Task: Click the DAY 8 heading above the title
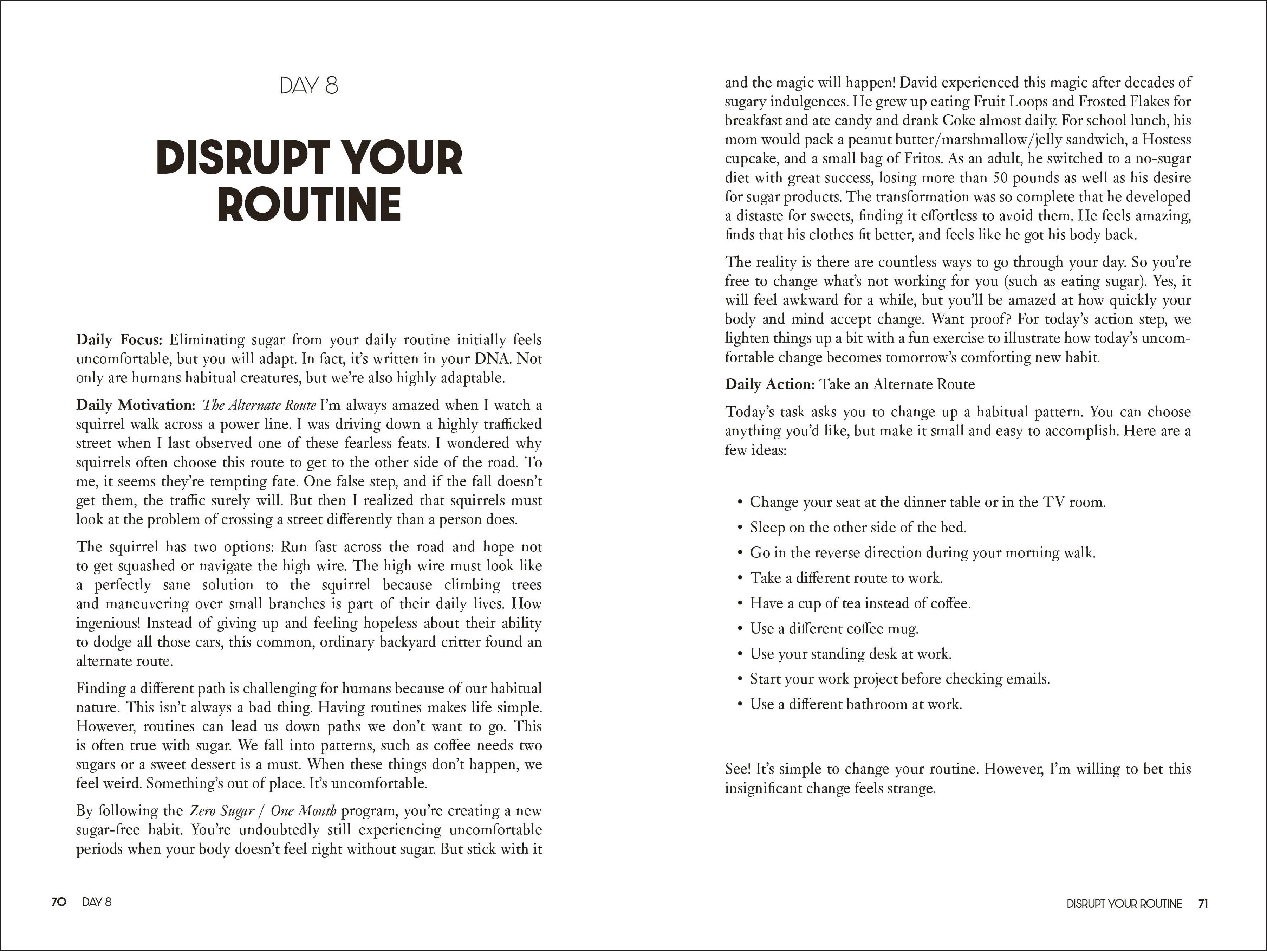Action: [309, 86]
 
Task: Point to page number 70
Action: [58, 902]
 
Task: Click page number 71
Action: [1203, 904]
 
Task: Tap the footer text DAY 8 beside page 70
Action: [97, 902]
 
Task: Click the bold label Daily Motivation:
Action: [136, 405]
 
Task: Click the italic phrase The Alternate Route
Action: [259, 405]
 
